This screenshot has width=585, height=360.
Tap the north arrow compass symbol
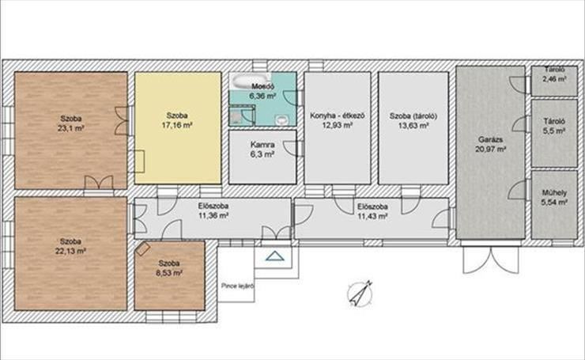pos(359,294)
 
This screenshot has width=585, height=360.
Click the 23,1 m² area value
pos(71,128)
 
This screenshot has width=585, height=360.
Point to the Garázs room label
pos(490,140)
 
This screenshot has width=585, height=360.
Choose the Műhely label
pos(554,193)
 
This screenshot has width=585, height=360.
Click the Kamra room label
pos(262,145)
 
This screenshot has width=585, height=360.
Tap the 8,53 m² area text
pos(169,273)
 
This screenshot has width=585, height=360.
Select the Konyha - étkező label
pos(338,116)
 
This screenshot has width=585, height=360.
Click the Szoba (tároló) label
pos(413,116)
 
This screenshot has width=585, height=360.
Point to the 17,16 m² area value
pos(177,125)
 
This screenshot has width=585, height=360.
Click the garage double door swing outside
pos(491,260)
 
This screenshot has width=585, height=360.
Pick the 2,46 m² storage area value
pos(554,79)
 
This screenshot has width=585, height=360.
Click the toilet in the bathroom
pos(281,120)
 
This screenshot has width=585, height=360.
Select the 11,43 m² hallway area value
pos(372,216)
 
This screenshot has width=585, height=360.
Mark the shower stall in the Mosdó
pos(242,116)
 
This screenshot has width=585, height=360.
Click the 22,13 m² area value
pos(70,251)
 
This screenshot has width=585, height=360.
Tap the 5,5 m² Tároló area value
pos(554,131)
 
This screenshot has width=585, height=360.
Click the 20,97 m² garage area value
pos(490,150)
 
